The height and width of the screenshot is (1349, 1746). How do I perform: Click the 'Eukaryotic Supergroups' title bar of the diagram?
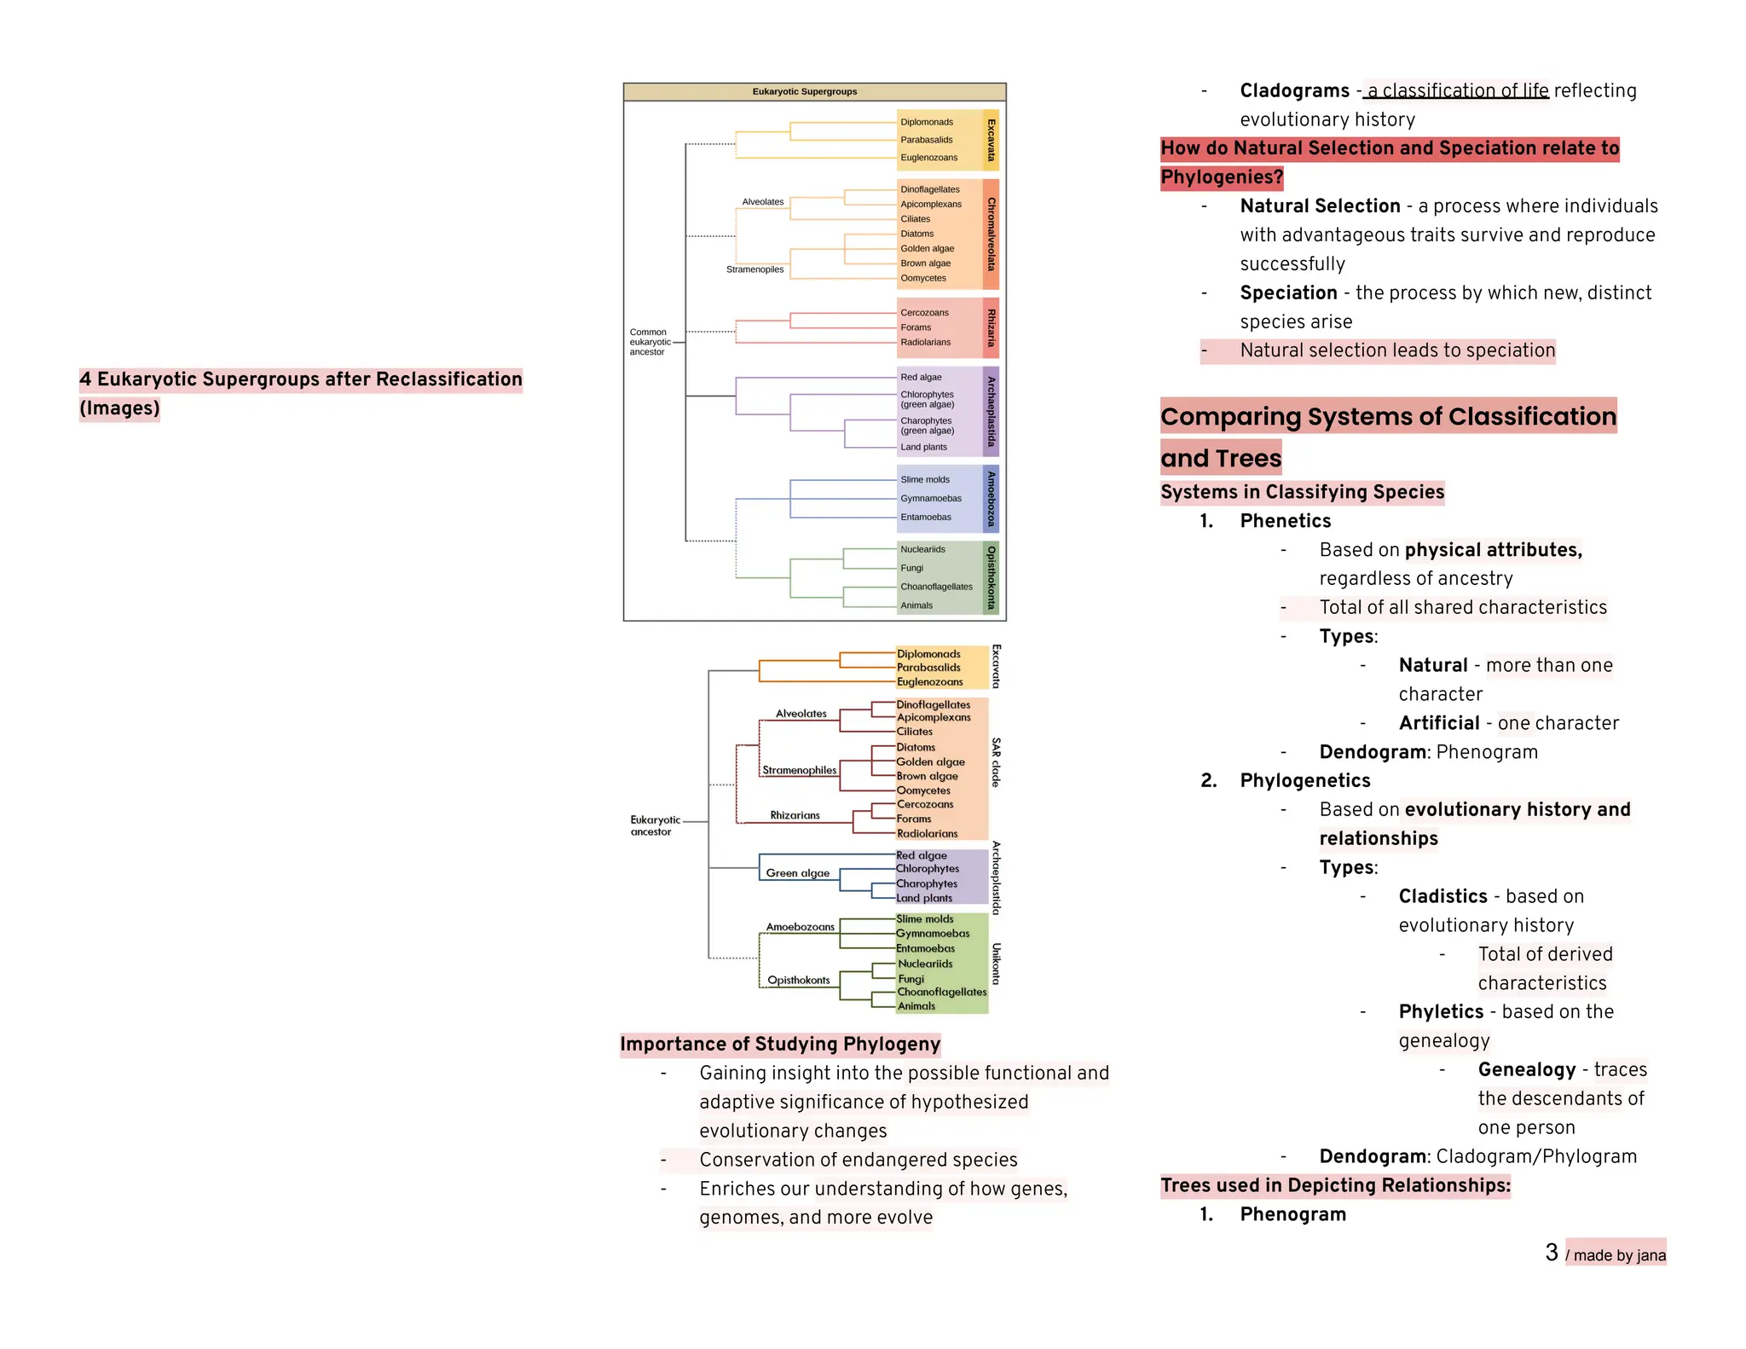point(805,91)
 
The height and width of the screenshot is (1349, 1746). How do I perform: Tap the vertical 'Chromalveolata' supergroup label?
point(991,234)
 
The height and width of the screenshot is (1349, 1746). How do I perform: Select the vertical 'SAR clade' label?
point(996,762)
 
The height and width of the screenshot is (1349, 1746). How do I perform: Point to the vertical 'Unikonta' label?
point(996,964)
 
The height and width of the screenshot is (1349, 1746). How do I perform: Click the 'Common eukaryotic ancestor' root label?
point(650,342)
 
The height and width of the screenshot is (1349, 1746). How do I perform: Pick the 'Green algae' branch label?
point(797,873)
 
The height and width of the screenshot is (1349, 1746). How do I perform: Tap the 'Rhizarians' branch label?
point(795,815)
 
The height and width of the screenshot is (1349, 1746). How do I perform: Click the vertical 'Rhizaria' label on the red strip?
point(991,328)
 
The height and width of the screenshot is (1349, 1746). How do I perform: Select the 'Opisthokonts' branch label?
point(798,980)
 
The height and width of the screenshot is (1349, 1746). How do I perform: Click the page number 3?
point(1552,1252)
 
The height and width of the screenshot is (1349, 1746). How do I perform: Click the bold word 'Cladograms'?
point(1294,90)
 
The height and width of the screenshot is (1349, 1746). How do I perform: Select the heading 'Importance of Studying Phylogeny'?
point(780,1044)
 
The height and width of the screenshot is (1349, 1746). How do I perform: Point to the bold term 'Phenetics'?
point(1285,521)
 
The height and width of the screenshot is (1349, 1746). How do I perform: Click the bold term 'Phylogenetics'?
point(1304,780)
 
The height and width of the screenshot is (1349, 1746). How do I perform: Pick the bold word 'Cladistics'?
point(1442,896)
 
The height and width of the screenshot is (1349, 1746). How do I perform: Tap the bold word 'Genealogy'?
point(1526,1069)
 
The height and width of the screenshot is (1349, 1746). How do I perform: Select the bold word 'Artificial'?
point(1438,723)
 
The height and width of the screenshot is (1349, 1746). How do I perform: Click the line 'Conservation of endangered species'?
point(858,1160)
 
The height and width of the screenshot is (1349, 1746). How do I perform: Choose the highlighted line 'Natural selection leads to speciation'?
point(1396,350)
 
